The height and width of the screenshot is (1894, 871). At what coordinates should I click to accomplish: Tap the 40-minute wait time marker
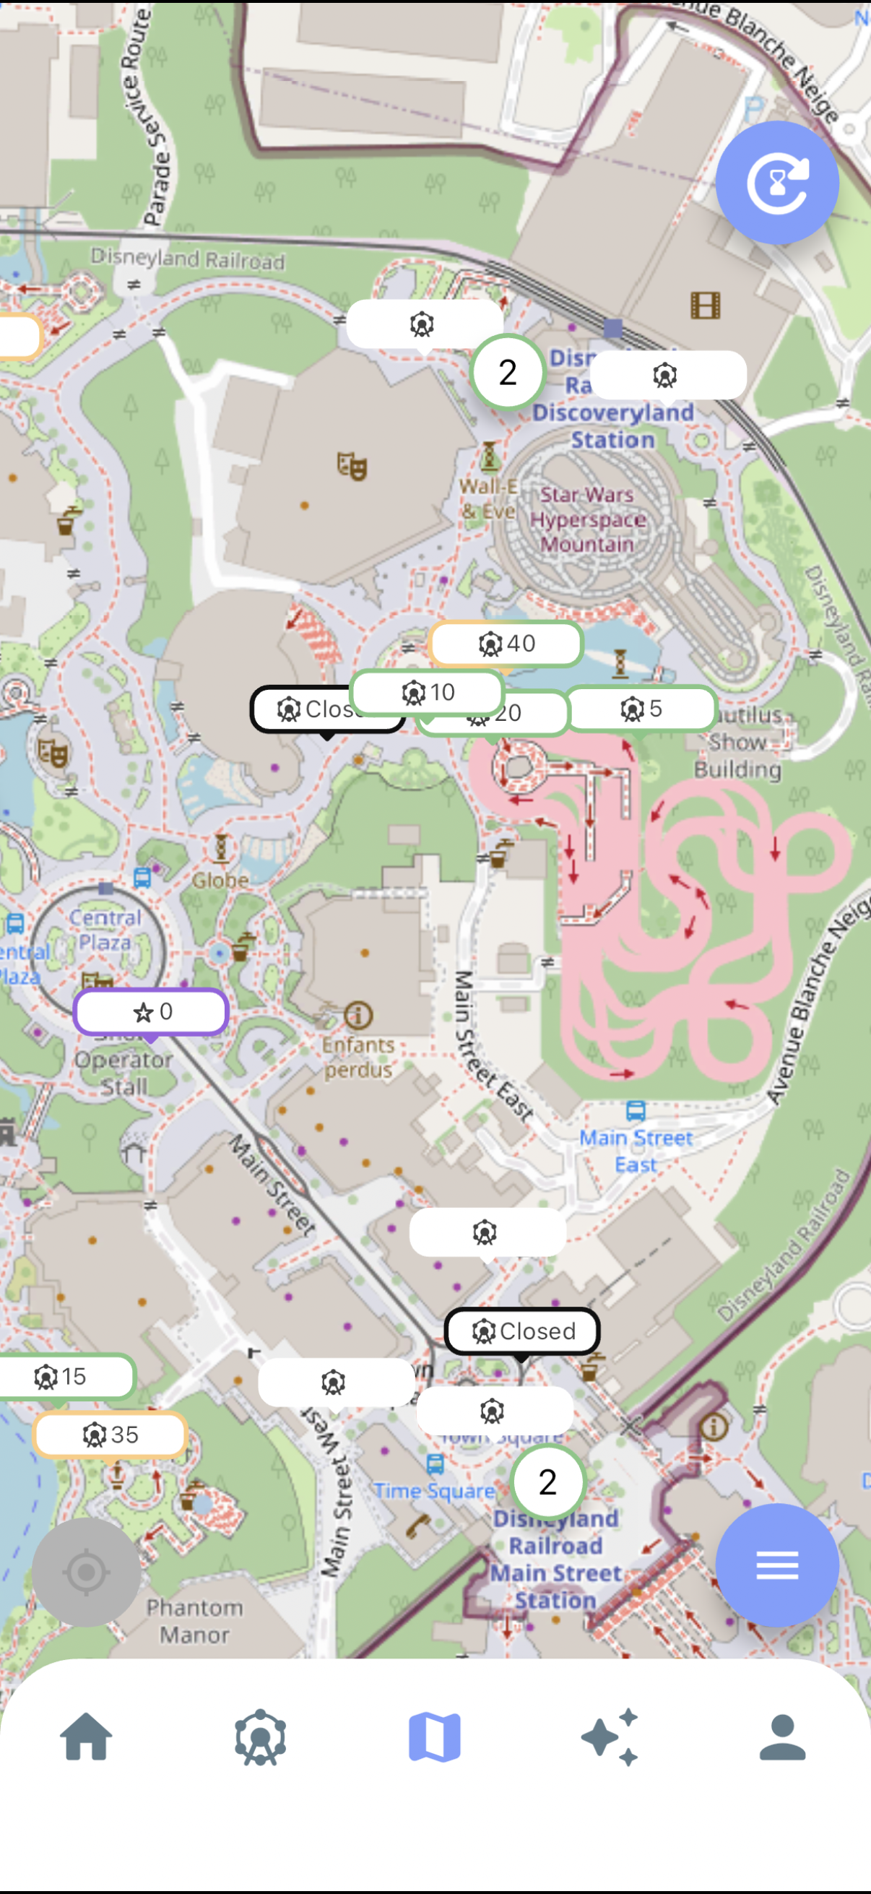[x=506, y=644]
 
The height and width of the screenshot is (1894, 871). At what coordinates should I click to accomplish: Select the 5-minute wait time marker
[x=641, y=709]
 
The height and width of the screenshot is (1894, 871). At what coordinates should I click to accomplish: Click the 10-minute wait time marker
[x=428, y=692]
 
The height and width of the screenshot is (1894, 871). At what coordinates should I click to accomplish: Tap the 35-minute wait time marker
[x=110, y=1435]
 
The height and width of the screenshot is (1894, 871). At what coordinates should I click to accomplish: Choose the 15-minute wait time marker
[x=63, y=1376]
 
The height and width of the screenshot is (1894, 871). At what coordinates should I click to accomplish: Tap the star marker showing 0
[x=152, y=1012]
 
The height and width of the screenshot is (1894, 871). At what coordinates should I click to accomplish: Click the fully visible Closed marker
[x=523, y=1331]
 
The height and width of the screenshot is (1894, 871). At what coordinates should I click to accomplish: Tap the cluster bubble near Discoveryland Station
[x=507, y=373]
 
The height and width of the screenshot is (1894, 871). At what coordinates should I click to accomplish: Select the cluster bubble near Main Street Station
[x=547, y=1482]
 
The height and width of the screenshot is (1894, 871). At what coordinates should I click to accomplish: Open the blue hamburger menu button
[x=777, y=1565]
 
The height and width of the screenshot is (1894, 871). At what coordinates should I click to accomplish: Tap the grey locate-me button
[x=86, y=1572]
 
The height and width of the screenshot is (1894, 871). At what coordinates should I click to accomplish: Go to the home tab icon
[x=87, y=1737]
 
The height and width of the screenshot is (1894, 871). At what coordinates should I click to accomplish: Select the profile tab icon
[x=783, y=1737]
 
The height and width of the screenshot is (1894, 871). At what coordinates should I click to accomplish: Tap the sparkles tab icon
[x=610, y=1737]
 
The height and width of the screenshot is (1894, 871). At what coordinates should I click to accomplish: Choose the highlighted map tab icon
[x=434, y=1737]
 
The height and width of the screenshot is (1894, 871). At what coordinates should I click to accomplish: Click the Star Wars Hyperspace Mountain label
[x=587, y=519]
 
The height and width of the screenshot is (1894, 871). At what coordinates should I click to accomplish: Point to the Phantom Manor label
[x=195, y=1621]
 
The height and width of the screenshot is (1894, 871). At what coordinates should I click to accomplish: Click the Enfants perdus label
[x=358, y=1057]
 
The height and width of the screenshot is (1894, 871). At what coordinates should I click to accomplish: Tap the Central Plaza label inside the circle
[x=106, y=930]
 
